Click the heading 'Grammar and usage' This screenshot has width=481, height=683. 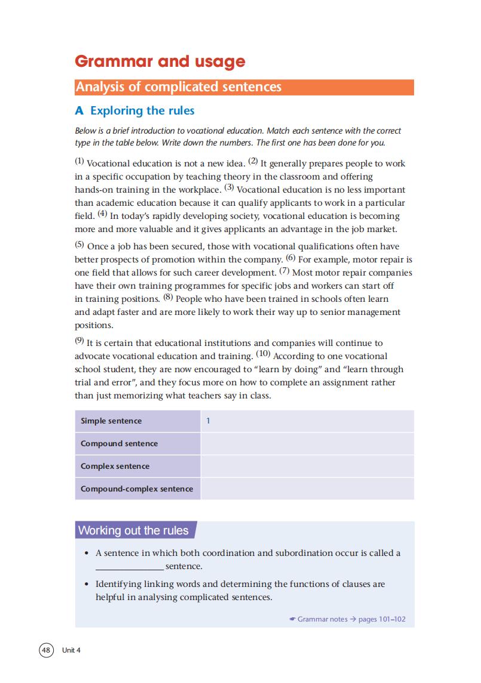pyautogui.click(x=160, y=61)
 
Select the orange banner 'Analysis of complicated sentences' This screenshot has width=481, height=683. pyautogui.click(x=178, y=87)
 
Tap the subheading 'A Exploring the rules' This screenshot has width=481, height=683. pyautogui.click(x=134, y=110)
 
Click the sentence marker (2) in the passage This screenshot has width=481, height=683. pyautogui.click(x=253, y=161)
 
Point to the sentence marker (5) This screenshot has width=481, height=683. pyautogui.click(x=79, y=244)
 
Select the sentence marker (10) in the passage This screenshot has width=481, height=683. pyautogui.click(x=264, y=354)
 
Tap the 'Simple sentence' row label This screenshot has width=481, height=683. pyautogui.click(x=111, y=421)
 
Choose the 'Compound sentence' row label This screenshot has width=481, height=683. pyautogui.click(x=119, y=444)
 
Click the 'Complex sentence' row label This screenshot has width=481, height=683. pyautogui.click(x=115, y=466)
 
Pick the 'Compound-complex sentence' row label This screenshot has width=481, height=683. pyautogui.click(x=137, y=489)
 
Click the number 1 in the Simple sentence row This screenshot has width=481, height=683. pyautogui.click(x=208, y=421)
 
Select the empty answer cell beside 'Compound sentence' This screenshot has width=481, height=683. pyautogui.click(x=307, y=444)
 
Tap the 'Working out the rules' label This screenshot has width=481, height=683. pyautogui.click(x=133, y=531)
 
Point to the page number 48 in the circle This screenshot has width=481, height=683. pyautogui.click(x=45, y=650)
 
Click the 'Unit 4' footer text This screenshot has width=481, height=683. pyautogui.click(x=71, y=650)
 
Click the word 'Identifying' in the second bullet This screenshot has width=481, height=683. pyautogui.click(x=118, y=584)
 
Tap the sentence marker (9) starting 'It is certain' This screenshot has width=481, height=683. pyautogui.click(x=79, y=341)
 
